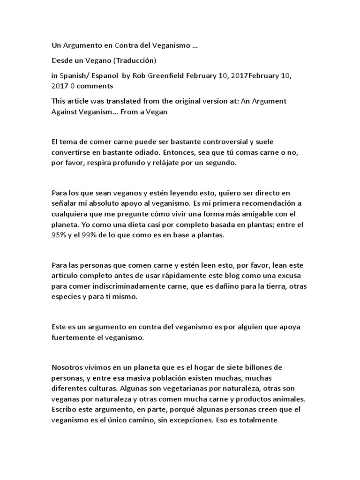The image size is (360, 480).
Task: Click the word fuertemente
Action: [x=73, y=336]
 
